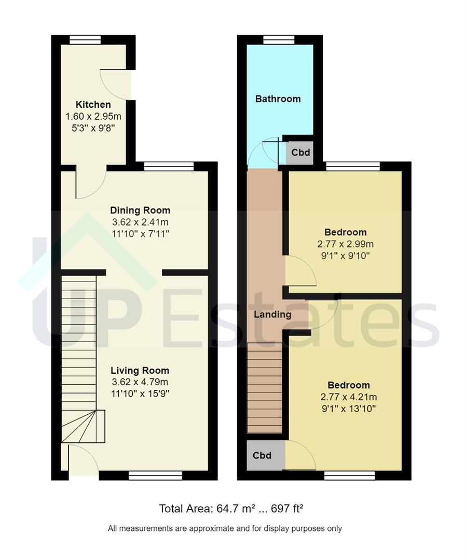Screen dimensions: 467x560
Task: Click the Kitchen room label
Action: tap(93, 105)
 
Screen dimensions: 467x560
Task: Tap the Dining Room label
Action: tap(140, 211)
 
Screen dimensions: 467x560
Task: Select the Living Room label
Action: tap(140, 370)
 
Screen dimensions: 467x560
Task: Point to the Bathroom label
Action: tap(278, 99)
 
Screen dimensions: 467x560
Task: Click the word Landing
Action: tap(272, 315)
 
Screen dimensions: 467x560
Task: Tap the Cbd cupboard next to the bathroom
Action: tap(300, 153)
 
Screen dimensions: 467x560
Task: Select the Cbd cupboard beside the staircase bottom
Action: tap(262, 455)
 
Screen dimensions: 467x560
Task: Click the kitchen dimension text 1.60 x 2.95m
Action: tap(93, 117)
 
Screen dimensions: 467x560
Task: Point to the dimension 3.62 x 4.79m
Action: tap(140, 382)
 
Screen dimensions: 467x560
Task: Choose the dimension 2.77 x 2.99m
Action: tap(346, 244)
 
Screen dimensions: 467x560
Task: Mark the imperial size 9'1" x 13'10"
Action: tap(349, 409)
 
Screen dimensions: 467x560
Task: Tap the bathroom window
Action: tap(279, 39)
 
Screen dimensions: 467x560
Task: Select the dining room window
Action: tap(169, 166)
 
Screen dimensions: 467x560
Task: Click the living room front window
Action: tap(156, 475)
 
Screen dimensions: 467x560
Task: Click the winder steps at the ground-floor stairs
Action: tap(83, 426)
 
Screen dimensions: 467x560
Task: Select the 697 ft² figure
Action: tap(287, 508)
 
